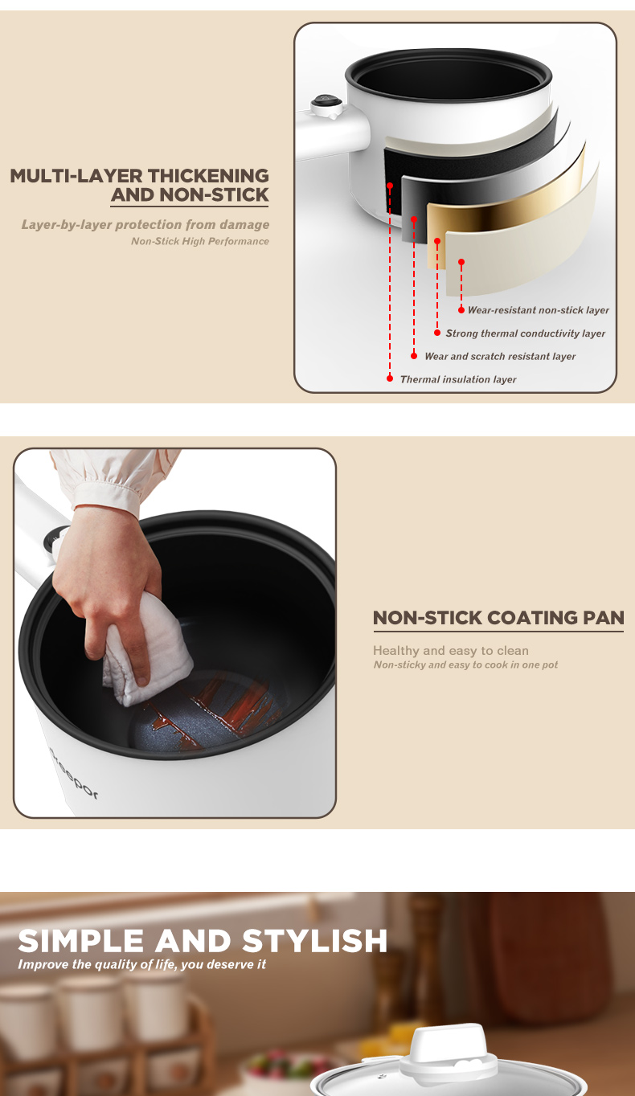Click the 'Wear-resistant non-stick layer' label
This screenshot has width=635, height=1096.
coord(538,310)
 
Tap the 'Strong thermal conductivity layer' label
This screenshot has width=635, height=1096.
coord(525,333)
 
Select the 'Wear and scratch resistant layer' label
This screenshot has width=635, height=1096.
coord(500,356)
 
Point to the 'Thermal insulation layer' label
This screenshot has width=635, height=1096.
coord(458,379)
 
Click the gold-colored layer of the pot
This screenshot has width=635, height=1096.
coord(506,193)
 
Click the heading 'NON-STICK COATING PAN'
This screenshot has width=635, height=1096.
coord(498,618)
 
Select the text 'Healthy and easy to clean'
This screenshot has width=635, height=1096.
coord(451,651)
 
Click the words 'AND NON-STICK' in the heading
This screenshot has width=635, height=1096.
coord(190,195)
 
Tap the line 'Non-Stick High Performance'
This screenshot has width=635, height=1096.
coord(200,241)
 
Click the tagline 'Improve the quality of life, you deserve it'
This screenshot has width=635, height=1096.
coord(141,964)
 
